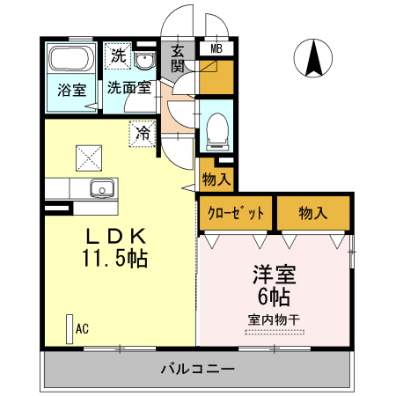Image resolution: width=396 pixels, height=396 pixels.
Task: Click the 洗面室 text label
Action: [128, 88]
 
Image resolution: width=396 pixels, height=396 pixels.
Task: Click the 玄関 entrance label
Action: [177, 58]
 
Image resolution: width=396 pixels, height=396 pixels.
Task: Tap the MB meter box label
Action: [215, 49]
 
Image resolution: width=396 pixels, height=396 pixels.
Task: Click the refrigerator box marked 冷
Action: [142, 134]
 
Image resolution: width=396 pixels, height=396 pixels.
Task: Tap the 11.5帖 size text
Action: [115, 259]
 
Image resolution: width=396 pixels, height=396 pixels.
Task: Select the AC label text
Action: [82, 329]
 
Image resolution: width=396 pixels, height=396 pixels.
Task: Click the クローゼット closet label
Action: [236, 213]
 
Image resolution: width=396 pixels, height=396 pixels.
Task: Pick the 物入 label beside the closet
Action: [312, 213]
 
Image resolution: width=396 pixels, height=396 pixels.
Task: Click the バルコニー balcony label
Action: [197, 369]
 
